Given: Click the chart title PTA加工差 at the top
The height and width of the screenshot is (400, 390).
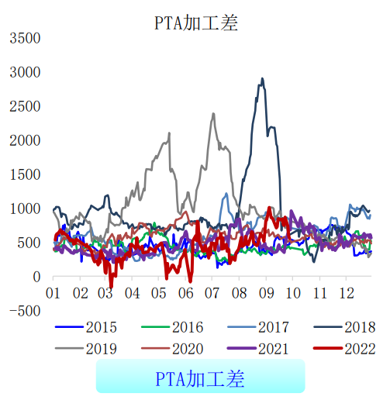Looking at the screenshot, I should [195, 22].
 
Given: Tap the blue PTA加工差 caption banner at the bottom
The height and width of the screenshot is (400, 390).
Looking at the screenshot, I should [200, 379].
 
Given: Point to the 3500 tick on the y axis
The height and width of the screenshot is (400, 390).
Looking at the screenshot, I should [26, 38].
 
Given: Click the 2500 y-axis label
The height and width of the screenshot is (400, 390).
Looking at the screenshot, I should [26, 106].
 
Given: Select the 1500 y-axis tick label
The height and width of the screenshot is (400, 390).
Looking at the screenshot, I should [26, 174].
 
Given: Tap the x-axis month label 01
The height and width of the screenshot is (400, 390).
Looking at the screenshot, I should [53, 294].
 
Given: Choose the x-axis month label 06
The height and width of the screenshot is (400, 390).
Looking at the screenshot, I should [185, 294].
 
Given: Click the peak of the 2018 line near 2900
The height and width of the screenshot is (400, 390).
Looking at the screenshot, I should [262, 78].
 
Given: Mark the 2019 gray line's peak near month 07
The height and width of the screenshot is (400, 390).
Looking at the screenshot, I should [213, 114].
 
